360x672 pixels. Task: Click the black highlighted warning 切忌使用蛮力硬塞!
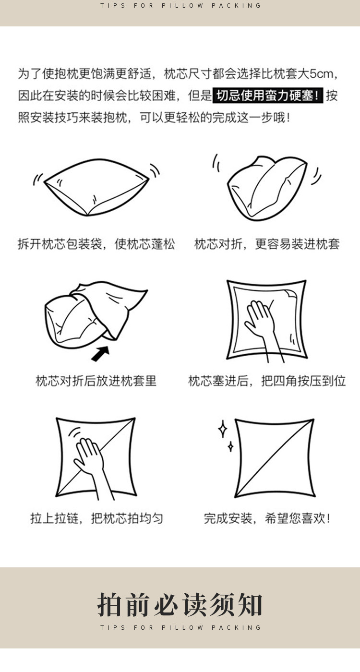coord(268,96)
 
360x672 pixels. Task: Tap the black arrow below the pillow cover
coord(100,353)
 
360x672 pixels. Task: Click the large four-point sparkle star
coord(222,429)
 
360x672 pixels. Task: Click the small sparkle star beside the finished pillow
coord(230,446)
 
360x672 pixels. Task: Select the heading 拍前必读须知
coord(180,604)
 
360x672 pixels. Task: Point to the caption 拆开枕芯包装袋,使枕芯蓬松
coord(96,244)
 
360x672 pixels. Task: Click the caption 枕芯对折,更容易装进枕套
coord(267,244)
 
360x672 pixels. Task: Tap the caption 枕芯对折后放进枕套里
coord(96,381)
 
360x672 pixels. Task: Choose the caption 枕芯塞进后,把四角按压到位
coord(267,381)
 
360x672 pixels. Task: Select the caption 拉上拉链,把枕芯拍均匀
coord(96,518)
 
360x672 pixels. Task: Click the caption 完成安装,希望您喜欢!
coord(267,518)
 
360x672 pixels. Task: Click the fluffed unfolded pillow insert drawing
coord(96,188)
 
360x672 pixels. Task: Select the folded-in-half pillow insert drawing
coord(267,188)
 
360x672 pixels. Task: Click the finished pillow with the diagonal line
coord(275,458)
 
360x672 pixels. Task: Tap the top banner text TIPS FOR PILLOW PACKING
coord(180,5)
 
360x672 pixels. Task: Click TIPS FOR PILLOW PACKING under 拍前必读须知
coord(180,627)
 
